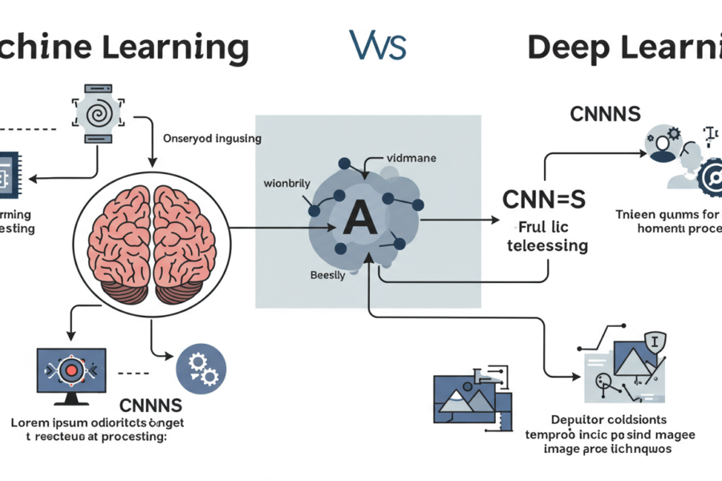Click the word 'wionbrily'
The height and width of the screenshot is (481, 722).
[286, 184]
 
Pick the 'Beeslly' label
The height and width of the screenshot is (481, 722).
[327, 274]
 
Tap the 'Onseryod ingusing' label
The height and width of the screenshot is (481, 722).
[212, 138]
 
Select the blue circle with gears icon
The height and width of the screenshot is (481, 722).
[201, 367]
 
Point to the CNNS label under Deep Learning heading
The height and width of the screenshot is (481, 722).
[605, 114]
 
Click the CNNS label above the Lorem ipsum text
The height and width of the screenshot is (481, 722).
[150, 405]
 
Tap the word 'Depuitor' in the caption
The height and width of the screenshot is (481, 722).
[578, 419]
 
